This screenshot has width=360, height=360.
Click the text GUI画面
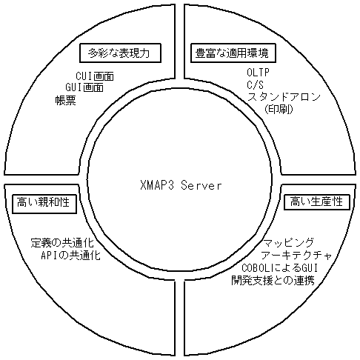(x=84, y=87)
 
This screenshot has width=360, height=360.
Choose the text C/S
(x=256, y=87)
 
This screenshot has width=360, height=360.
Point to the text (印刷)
(x=279, y=109)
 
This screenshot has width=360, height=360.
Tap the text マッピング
(x=290, y=243)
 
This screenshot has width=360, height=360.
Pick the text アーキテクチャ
(x=296, y=254)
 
